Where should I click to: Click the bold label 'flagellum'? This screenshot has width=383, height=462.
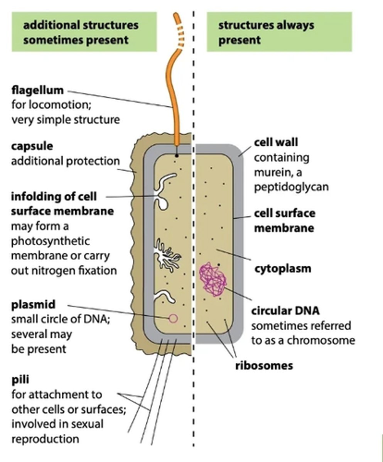coord(37,91)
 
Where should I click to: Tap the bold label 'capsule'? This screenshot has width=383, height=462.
coord(32,146)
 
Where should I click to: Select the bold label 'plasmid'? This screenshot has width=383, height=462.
coord(33,305)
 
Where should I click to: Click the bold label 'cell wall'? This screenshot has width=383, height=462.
coord(276,142)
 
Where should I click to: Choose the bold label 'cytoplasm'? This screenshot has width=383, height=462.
coord(283,268)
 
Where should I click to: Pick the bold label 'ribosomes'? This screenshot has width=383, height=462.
coord(264,365)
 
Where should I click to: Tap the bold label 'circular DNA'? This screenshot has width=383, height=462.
coord(285,310)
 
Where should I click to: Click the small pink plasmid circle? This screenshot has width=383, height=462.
coord(174,318)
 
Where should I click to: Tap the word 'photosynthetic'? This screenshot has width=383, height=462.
coord(50,241)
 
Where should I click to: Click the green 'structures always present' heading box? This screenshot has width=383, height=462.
coord(279,32)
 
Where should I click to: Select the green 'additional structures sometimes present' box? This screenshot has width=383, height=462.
coord(84,32)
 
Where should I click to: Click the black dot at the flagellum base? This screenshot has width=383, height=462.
coord(176,156)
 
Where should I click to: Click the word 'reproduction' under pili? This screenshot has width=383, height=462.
coord(45,439)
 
